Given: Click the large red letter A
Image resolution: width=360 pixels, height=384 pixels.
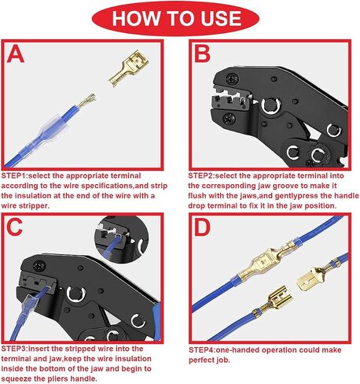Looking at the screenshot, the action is [x=16, y=54].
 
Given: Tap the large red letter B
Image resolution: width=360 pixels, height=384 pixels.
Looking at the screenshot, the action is [x=202, y=54].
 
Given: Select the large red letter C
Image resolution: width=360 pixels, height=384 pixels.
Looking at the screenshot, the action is [x=15, y=227].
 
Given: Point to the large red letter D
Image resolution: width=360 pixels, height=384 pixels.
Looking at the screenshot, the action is [x=202, y=227].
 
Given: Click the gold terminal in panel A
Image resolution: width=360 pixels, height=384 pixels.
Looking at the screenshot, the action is [x=129, y=68].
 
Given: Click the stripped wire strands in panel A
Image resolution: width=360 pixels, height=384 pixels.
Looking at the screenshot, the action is [x=86, y=101].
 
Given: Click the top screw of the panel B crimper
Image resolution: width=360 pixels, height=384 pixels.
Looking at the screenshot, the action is [x=232, y=78].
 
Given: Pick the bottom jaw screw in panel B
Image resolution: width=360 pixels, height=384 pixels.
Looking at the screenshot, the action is [x=229, y=119].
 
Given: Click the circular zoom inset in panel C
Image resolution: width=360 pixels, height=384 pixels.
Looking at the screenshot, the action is [x=121, y=239].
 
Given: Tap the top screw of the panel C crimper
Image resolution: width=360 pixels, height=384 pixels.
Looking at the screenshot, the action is [x=39, y=267].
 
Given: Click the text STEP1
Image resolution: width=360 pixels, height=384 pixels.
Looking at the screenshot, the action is [x=14, y=175].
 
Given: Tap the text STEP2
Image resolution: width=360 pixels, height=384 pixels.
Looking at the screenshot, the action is [x=201, y=175].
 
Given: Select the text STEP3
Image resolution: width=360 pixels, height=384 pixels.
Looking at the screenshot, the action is [x=14, y=349].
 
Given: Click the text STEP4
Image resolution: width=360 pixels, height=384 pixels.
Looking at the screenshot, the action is [x=202, y=350].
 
